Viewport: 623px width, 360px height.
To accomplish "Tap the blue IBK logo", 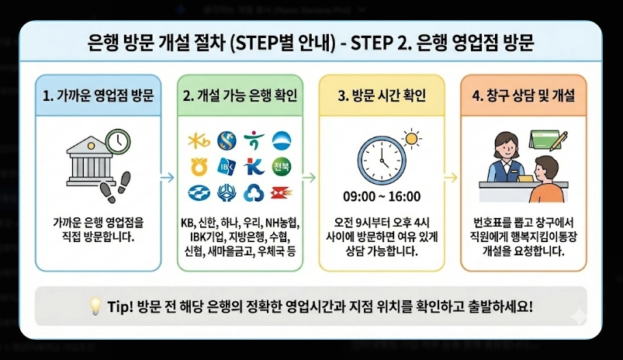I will (227, 166).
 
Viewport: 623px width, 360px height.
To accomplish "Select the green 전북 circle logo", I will (280, 165).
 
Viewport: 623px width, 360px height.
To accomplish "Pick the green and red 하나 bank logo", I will (253, 140).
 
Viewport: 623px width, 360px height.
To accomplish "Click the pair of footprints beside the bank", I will (117, 175).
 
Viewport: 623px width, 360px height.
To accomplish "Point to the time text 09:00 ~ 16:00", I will (381, 196).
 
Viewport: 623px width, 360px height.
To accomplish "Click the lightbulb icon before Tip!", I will (95, 305).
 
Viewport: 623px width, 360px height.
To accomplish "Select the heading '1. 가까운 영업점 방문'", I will (98, 96).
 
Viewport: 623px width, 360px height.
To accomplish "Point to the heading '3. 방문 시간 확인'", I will (382, 96).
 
